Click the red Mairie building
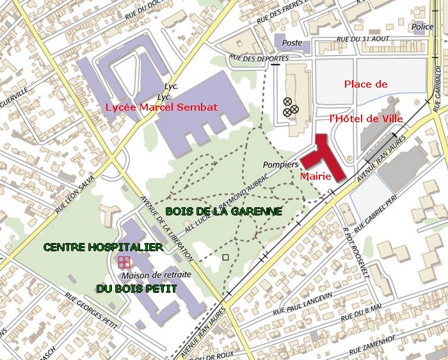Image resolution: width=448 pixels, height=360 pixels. tap(323, 157)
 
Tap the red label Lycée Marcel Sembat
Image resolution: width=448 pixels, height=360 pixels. tap(161, 107)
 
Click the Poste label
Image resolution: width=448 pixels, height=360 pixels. tap(292, 43)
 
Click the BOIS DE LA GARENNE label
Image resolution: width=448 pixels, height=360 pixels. tap(223, 211)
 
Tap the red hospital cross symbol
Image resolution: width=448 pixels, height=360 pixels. tap(124, 262)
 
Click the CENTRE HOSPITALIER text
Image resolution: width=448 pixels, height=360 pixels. tap(102, 247)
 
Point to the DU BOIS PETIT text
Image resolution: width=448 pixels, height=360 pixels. tap(136, 289)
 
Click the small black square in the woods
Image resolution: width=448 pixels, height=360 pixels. tap(225, 257)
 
